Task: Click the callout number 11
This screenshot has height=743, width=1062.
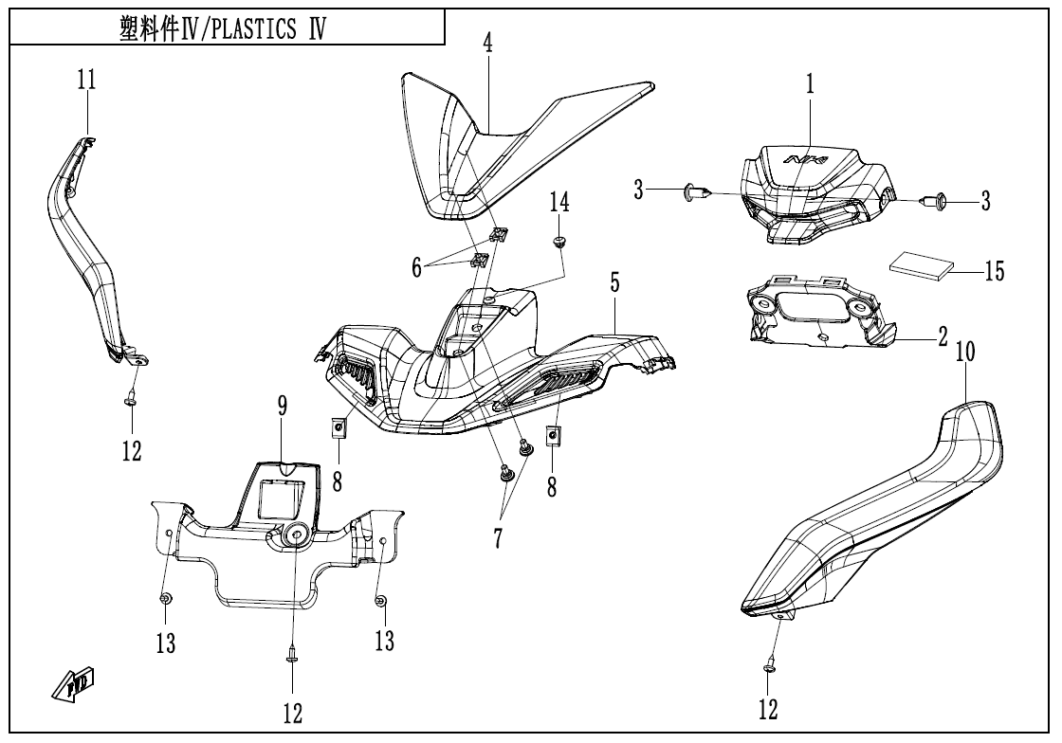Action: point(86,82)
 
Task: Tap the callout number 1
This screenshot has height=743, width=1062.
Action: point(810,83)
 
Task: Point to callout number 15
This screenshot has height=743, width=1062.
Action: point(995,273)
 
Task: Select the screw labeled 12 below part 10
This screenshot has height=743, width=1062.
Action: point(769,668)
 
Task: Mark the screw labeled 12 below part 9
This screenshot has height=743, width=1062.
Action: point(292,653)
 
